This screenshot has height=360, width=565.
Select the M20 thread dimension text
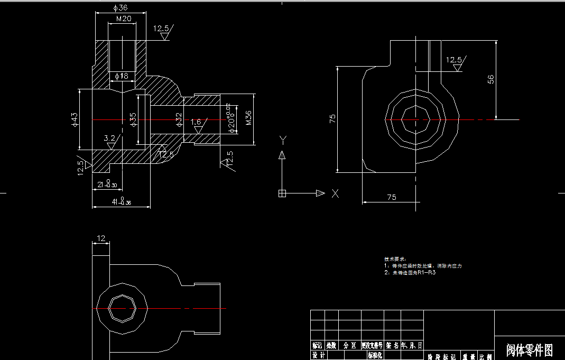(x=123, y=19)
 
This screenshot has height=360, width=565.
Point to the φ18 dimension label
(x=122, y=77)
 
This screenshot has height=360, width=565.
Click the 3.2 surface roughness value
(x=109, y=138)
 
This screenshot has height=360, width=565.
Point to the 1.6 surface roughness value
(x=196, y=122)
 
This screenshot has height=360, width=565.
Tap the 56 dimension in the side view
(x=490, y=79)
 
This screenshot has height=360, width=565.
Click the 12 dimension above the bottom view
(x=101, y=238)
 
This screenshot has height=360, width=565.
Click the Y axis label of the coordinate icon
(x=283, y=140)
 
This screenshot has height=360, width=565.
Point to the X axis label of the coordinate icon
(x=335, y=193)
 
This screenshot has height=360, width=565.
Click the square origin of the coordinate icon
(x=282, y=193)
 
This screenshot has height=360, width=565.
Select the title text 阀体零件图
(x=529, y=350)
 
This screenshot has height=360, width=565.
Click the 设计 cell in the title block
(x=318, y=356)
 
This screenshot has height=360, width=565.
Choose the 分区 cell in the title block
(x=349, y=345)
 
